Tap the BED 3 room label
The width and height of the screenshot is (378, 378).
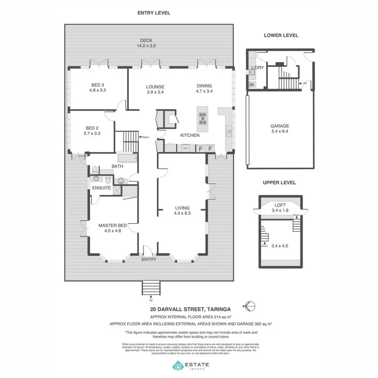point(98,87)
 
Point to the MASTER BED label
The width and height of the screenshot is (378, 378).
point(112,228)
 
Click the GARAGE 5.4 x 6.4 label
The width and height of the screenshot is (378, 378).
point(279,128)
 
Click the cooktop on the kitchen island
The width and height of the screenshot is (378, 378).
point(202,118)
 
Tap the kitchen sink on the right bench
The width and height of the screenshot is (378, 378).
point(229,132)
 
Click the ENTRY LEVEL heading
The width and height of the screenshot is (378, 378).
point(154,13)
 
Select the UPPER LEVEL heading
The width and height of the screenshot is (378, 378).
point(279,183)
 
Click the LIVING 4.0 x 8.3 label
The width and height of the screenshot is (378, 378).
point(182,210)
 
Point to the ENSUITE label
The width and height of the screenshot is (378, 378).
point(101,188)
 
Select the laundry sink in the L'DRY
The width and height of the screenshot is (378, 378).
point(251,72)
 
